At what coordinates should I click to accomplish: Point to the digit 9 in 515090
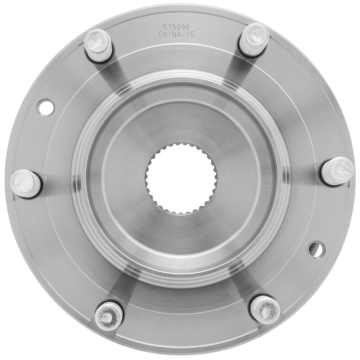pos(184,27)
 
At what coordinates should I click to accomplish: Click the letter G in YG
pos(193,35)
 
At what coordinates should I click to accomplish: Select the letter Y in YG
pos(188,35)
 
